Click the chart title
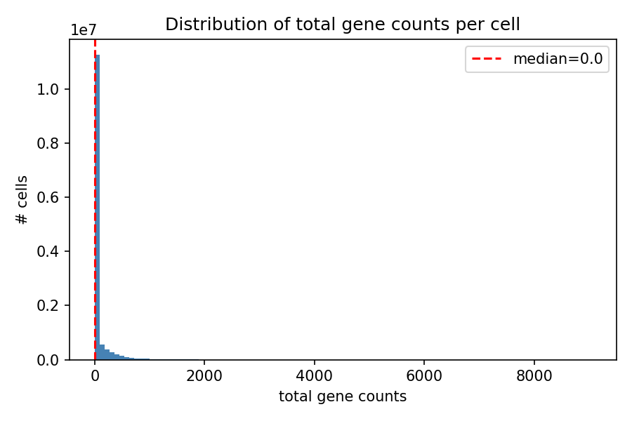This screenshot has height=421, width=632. (x=343, y=25)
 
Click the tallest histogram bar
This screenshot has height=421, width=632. (x=98, y=210)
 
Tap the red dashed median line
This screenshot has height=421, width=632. (x=95, y=175)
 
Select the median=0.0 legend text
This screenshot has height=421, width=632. (x=558, y=59)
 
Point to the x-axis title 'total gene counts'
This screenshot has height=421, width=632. (x=343, y=396)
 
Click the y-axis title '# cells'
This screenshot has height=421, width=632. (x=23, y=200)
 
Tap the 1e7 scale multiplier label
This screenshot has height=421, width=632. (x=83, y=30)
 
